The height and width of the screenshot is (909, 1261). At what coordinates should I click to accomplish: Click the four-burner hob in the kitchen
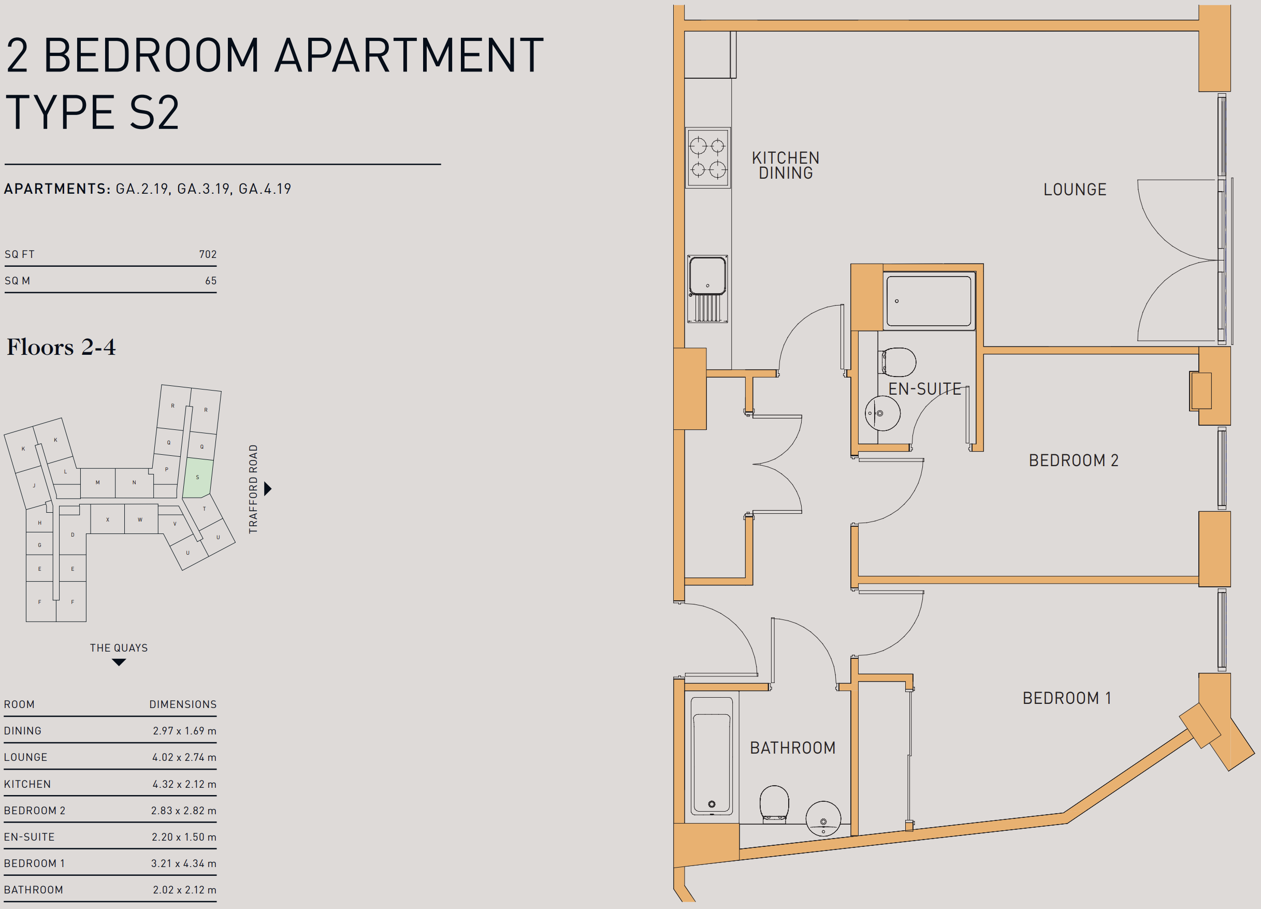[x=708, y=158]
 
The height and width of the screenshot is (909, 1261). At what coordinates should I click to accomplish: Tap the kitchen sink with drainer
[x=708, y=289]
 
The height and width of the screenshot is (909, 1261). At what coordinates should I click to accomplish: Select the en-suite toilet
[x=897, y=362]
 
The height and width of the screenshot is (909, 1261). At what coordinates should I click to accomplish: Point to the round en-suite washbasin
[x=882, y=413]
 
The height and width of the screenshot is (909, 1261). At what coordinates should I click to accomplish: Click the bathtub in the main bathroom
[x=712, y=756]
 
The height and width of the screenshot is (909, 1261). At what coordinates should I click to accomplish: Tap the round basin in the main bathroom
[x=823, y=818]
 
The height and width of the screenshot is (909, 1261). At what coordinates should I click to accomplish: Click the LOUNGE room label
[x=1075, y=190]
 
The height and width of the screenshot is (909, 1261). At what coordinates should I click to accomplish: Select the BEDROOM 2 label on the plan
[x=1073, y=460]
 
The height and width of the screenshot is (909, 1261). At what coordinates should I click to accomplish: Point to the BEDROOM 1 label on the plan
[x=1066, y=698]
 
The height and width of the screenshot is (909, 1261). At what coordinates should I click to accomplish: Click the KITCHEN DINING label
[x=786, y=165]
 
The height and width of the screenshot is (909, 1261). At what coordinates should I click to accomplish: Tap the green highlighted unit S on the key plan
[x=197, y=478]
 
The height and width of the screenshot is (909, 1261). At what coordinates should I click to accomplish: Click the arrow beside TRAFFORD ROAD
[x=268, y=489]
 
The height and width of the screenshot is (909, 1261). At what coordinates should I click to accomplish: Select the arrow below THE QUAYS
[x=119, y=661]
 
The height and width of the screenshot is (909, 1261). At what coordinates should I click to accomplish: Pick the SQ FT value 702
[x=208, y=254]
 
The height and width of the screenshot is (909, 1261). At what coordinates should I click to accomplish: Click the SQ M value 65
[x=211, y=281]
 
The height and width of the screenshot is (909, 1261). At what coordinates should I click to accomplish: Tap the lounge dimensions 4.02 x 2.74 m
[x=184, y=757]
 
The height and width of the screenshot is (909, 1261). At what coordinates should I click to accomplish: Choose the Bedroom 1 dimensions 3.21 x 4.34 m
[x=183, y=863]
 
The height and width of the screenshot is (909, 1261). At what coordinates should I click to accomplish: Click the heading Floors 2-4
[x=61, y=347]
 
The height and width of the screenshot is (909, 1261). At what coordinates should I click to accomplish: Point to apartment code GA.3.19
[x=204, y=189]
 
